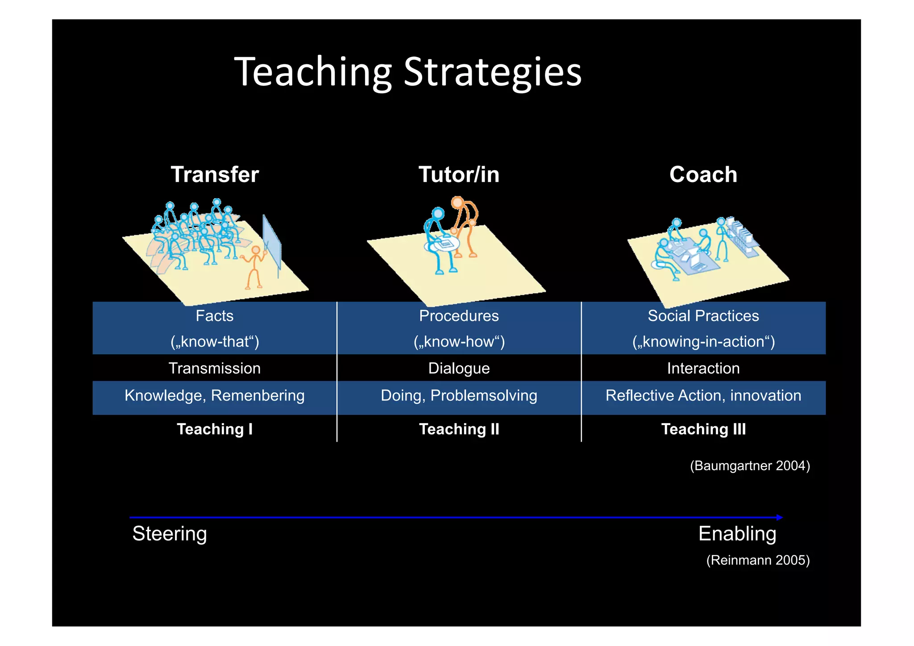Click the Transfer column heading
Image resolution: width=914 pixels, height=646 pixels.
click(x=215, y=175)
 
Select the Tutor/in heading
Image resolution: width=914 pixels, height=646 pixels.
click(x=459, y=175)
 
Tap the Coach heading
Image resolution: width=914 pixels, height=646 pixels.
click(x=703, y=175)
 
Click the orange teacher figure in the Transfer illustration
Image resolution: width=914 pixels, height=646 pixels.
click(x=254, y=267)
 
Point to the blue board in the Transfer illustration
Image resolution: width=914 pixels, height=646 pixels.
click(x=271, y=242)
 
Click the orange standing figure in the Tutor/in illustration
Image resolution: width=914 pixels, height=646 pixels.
click(x=465, y=223)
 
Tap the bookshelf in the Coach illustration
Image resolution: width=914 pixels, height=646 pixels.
click(x=742, y=237)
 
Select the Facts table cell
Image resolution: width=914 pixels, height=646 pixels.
click(x=215, y=316)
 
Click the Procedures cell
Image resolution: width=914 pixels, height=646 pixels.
click(x=459, y=316)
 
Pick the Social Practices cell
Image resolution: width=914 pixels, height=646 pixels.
click(x=703, y=316)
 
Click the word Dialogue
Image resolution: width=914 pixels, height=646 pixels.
click(x=459, y=369)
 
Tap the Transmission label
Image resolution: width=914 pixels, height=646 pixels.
click(x=215, y=369)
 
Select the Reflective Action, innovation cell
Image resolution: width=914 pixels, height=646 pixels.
click(x=703, y=396)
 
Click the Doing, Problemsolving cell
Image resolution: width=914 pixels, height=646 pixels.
click(x=459, y=396)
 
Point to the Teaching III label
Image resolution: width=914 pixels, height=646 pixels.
click(x=703, y=429)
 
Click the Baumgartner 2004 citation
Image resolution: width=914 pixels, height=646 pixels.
click(x=750, y=466)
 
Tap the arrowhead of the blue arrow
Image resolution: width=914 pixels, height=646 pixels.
click(x=779, y=517)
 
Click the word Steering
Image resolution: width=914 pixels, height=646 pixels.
click(x=170, y=534)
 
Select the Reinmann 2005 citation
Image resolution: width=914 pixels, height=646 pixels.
click(x=758, y=560)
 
